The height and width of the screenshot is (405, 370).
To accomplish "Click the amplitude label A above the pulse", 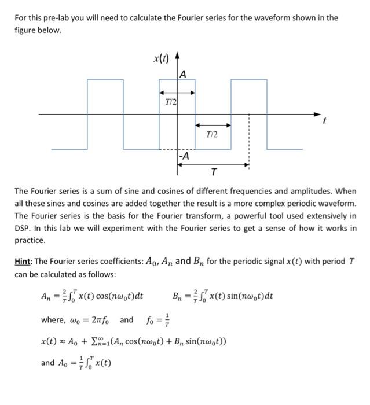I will pos(182,73).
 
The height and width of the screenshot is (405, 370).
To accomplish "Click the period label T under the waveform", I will pos(214,172).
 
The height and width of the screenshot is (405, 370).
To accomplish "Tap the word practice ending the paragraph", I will pos(30,240).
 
